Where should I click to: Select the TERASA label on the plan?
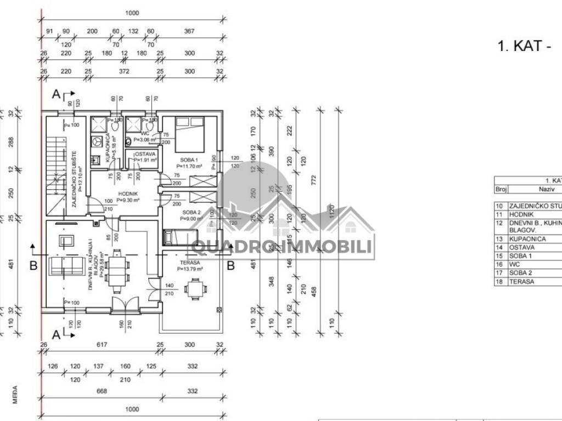click(x=189, y=263)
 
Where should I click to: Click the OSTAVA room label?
click(x=145, y=155)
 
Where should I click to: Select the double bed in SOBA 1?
click(x=190, y=134)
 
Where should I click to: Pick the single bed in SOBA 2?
click(x=179, y=237)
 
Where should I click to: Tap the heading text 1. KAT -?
click(x=524, y=46)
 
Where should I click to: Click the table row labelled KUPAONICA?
click(x=527, y=239)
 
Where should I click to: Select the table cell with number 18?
click(x=499, y=281)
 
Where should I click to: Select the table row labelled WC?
click(x=527, y=264)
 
